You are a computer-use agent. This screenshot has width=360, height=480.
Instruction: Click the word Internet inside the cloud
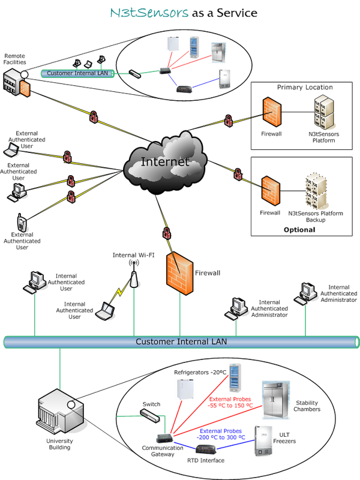pos(165,162)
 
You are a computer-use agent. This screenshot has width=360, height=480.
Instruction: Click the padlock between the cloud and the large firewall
pos(167,233)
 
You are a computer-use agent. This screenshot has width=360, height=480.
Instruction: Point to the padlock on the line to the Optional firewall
pos(238,175)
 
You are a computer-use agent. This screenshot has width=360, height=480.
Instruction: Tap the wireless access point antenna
pos(135,277)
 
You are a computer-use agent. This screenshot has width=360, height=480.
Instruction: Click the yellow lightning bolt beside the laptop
pos(120,293)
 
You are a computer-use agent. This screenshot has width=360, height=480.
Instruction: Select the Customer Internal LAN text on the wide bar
pos(181,342)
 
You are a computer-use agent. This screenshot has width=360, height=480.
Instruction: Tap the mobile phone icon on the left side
pos(22,223)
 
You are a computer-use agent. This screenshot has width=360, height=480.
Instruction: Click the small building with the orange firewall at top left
pos(15,81)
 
